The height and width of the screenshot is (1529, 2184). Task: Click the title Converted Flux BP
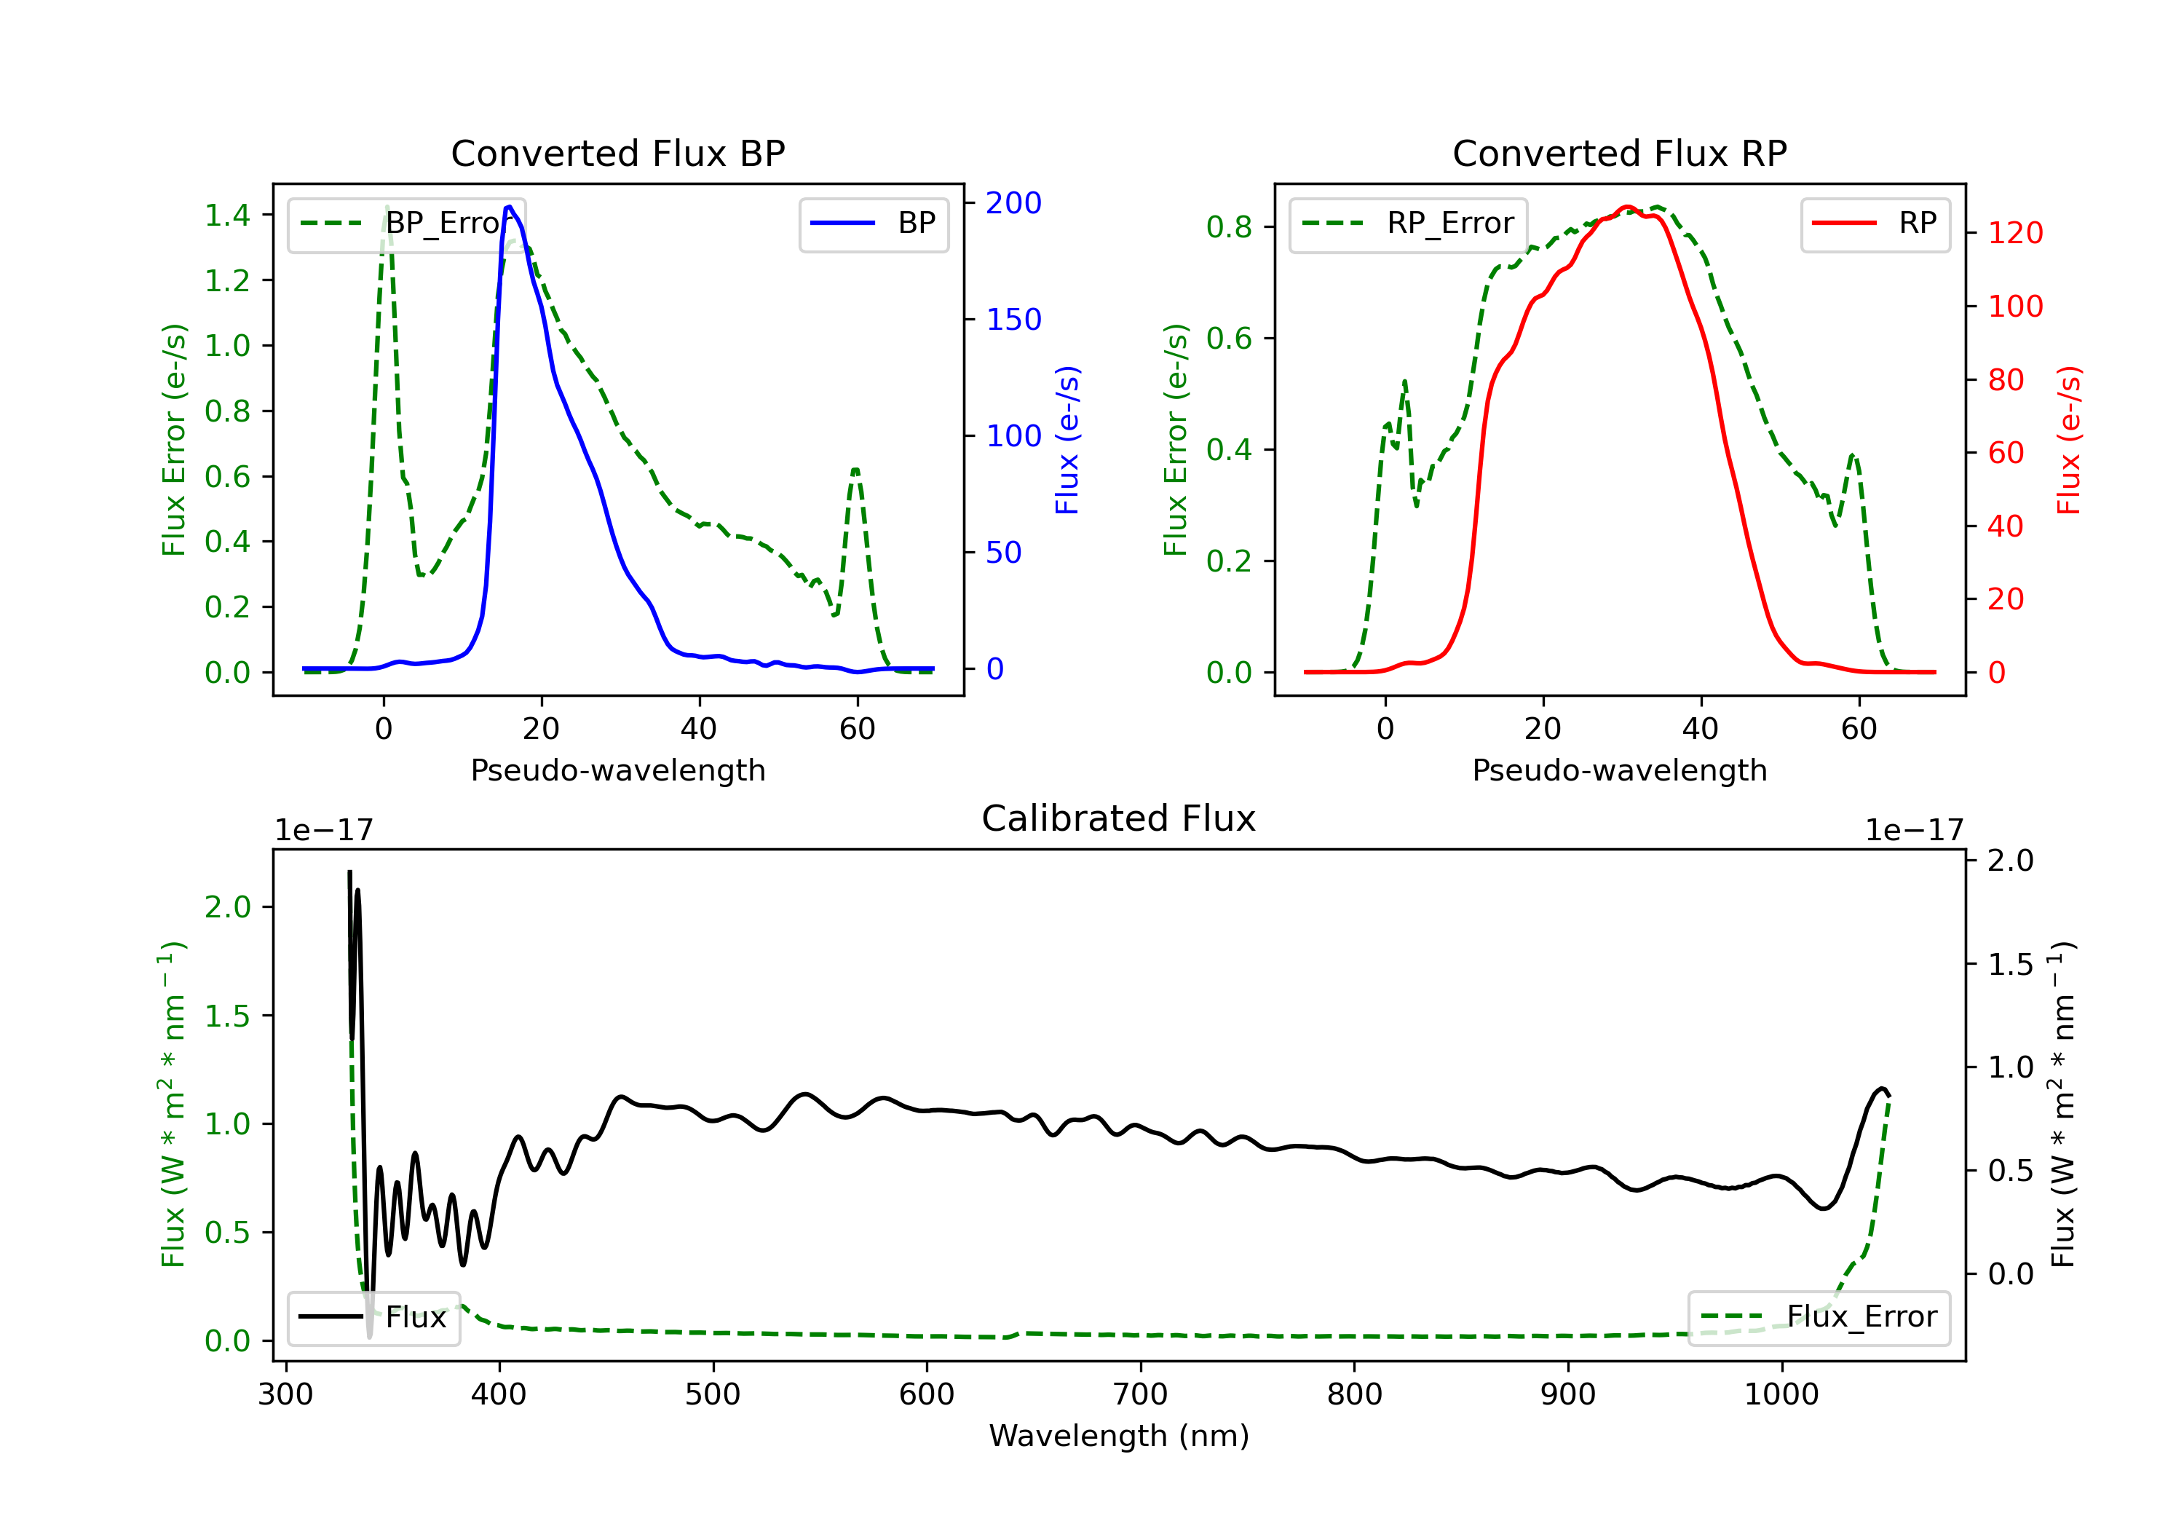pyautogui.click(x=618, y=153)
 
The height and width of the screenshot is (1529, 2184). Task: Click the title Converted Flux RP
pyautogui.click(x=1620, y=153)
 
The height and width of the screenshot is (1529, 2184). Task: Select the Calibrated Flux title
pyautogui.click(x=1119, y=818)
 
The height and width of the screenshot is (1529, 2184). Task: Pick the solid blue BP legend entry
pyautogui.click(x=873, y=224)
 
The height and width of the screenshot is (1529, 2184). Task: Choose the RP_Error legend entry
pyautogui.click(x=1408, y=224)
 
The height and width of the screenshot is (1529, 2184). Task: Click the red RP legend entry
pyautogui.click(x=1875, y=224)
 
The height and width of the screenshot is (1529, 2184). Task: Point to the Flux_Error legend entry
pyautogui.click(x=1819, y=1317)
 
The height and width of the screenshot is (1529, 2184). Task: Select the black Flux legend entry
pyautogui.click(x=373, y=1317)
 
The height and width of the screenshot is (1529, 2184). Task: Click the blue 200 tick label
pyautogui.click(x=1013, y=202)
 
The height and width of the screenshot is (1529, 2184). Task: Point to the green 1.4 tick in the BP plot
pyautogui.click(x=227, y=215)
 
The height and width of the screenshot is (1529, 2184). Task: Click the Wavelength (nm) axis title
pyautogui.click(x=1119, y=1436)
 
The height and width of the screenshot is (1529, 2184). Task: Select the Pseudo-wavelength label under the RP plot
pyautogui.click(x=1620, y=770)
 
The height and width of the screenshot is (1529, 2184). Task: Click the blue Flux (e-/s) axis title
pyautogui.click(x=1067, y=440)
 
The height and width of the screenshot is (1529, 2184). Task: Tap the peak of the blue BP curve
pyautogui.click(x=510, y=207)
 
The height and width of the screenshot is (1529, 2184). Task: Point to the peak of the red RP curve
pyautogui.click(x=1628, y=207)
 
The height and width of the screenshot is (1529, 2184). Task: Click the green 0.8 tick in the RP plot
pyautogui.click(x=1229, y=226)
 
